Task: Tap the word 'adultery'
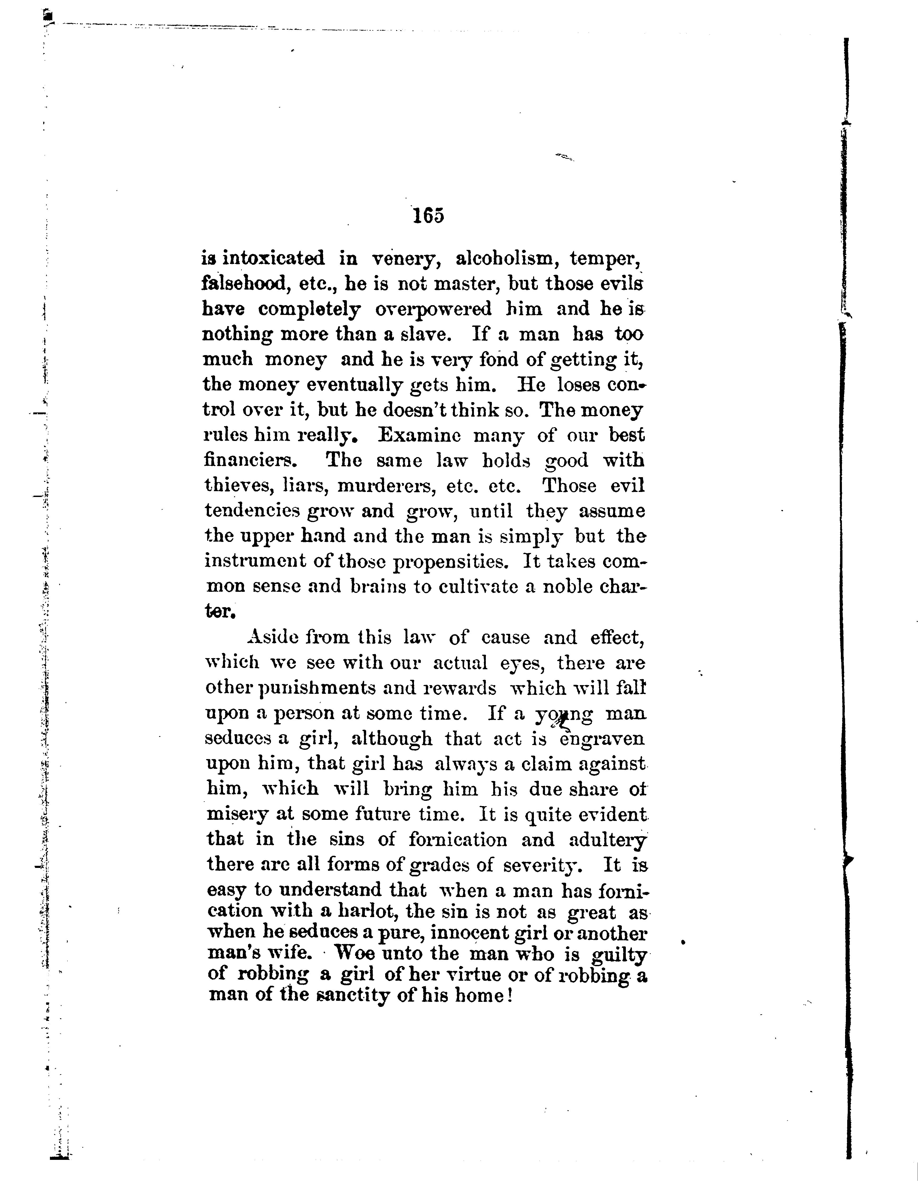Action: (x=608, y=840)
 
